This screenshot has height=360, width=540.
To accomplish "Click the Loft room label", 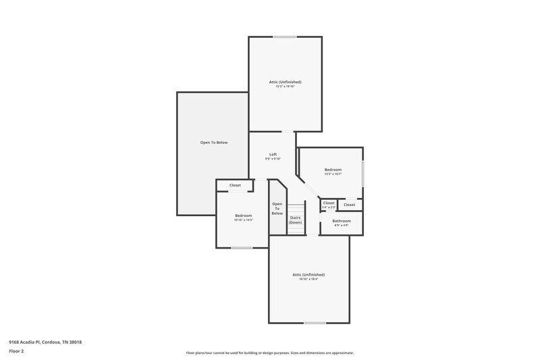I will click(273, 154).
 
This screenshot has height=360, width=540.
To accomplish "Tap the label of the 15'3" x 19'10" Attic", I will click(285, 82).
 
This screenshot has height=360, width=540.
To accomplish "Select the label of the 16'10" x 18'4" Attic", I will click(308, 275).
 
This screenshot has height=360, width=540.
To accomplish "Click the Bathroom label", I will click(341, 221).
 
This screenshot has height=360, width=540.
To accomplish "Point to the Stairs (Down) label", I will click(295, 220).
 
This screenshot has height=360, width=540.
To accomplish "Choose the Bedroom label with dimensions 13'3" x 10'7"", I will click(333, 170).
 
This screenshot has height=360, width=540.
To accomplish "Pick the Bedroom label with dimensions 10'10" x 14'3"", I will click(243, 215).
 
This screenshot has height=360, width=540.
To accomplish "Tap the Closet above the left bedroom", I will click(235, 185).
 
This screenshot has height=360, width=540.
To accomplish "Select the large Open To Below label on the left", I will click(214, 143).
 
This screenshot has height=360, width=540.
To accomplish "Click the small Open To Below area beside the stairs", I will click(277, 208).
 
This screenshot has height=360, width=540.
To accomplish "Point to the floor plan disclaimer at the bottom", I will click(269, 353).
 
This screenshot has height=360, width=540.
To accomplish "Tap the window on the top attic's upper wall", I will click(285, 36).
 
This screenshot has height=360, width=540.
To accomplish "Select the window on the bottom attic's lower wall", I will click(315, 323).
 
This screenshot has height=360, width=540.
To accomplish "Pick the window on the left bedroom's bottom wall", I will click(242, 248).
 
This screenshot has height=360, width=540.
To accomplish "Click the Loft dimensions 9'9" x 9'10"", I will click(273, 159).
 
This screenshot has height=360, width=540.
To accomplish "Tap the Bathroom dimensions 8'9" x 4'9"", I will click(341, 226).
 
